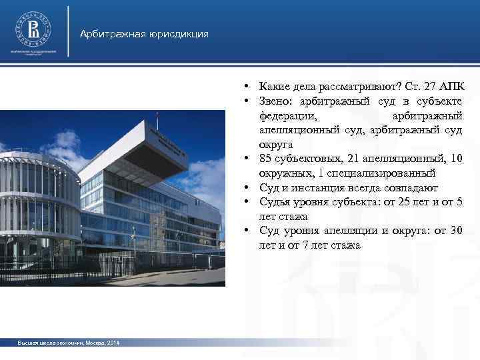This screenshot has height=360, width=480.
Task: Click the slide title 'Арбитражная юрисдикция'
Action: click(144, 34)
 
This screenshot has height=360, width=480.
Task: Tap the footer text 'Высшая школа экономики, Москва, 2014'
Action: click(69, 343)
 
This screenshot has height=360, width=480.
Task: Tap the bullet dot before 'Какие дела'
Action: click(247, 87)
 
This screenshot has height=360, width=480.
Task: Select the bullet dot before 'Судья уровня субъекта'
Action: click(247, 203)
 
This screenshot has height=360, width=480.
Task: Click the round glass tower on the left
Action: click(33, 200)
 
